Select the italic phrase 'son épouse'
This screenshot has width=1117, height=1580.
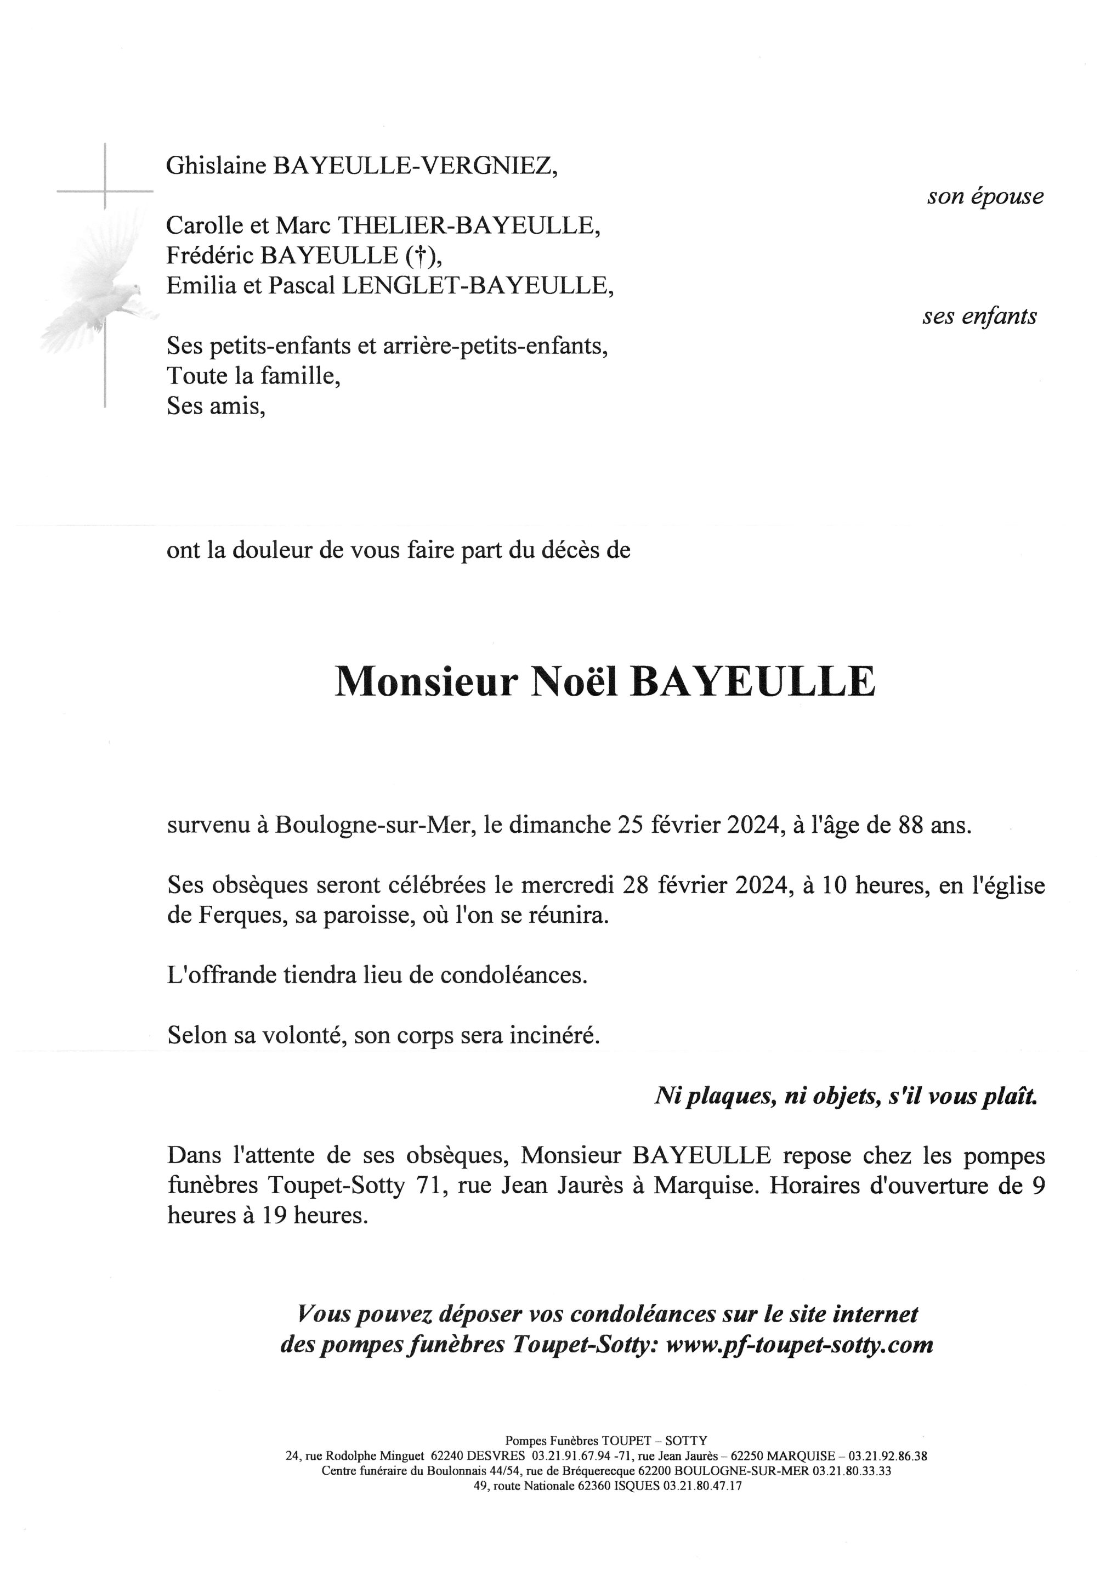(x=985, y=197)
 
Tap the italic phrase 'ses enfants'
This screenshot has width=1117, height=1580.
(x=979, y=317)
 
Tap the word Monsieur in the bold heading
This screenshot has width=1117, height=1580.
(x=425, y=682)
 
